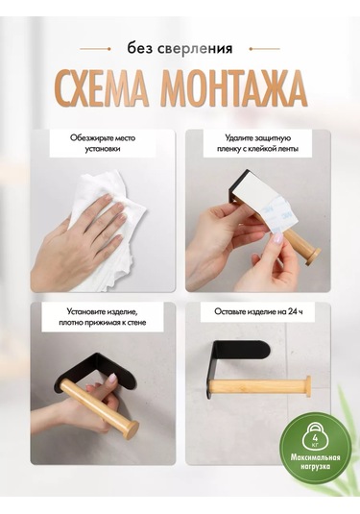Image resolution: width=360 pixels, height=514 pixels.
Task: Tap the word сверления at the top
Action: [195, 49]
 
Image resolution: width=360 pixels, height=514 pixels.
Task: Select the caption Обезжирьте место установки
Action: [103, 143]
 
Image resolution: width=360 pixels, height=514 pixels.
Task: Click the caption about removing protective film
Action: [258, 143]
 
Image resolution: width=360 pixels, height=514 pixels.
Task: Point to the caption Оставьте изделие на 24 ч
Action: [258, 311]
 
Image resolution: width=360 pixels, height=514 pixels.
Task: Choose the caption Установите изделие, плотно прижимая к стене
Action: [103, 317]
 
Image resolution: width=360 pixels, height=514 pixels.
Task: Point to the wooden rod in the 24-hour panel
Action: [260, 387]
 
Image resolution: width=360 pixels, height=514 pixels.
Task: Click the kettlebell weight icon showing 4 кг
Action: [315, 438]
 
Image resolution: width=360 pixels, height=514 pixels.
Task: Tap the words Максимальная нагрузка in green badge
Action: [315, 462]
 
